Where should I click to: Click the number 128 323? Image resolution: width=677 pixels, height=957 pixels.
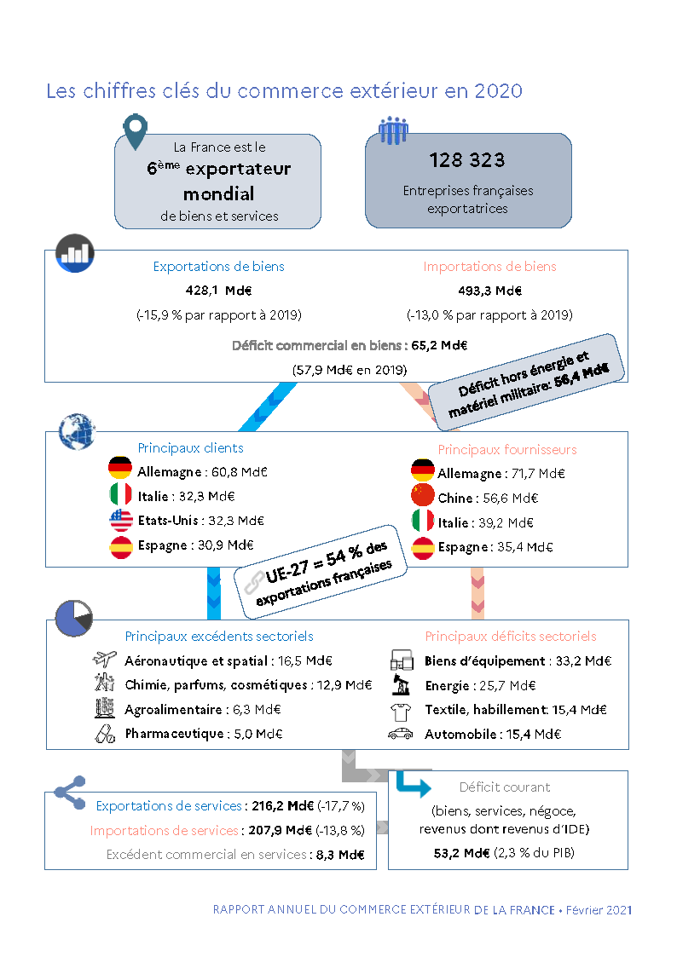pos(466,160)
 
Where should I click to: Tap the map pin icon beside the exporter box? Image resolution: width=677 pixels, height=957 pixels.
pos(135,130)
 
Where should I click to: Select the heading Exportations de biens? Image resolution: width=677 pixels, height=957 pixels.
pos(219,267)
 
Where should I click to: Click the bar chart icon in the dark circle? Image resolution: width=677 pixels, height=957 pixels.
pos(75,252)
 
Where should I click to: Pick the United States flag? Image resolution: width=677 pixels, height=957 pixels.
pos(120,520)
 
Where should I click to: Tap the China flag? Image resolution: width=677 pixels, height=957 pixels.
pos(423,496)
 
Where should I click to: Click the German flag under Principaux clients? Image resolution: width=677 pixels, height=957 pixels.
pos(120,468)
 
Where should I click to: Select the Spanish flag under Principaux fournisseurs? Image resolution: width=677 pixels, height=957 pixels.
pos(423,547)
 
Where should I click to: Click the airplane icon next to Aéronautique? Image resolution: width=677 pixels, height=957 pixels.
pos(104,660)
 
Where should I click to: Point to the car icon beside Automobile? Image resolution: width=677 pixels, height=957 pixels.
pos(400,734)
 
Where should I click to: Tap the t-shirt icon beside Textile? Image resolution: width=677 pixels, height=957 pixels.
pos(400,710)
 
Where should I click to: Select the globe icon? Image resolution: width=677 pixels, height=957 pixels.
pos(76,432)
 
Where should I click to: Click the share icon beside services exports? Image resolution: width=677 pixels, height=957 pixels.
pos(69,792)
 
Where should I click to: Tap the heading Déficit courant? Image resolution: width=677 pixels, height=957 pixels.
pos(505,787)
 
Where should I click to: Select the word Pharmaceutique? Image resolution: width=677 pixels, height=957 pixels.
pos(175,734)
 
